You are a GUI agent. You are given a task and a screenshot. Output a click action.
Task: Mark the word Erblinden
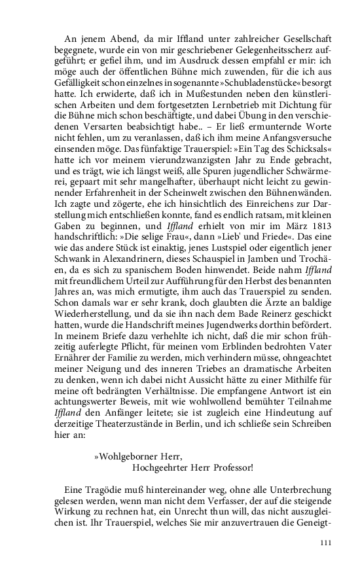pos(238,370)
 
